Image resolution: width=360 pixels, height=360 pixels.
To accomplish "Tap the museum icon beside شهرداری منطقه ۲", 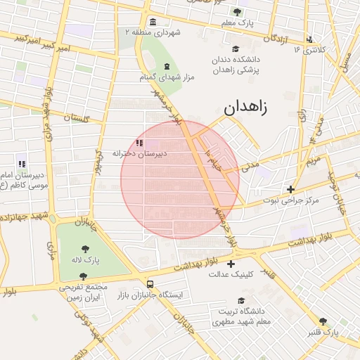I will coord(153,23).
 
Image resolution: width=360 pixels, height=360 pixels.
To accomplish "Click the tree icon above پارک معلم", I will coord(237,11).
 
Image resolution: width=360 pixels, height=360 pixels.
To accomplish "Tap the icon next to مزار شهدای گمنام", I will coord(167,65).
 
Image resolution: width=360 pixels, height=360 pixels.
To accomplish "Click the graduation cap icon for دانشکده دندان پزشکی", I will coord(236,49).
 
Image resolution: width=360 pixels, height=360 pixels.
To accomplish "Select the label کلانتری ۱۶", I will coord(310,50).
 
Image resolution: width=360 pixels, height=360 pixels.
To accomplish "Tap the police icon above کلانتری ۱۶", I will coord(310,39).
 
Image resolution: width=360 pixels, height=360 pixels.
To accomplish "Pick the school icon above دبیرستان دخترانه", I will coord(139,143).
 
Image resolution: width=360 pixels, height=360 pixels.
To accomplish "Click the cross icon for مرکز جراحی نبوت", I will coord(291,189).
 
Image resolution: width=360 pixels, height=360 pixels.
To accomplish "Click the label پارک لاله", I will coord(86,260).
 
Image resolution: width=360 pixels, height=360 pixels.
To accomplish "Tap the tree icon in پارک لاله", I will coord(86,249).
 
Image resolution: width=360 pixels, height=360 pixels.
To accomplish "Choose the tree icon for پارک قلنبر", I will coord(323,321).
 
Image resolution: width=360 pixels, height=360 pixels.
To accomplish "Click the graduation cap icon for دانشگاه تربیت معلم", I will coord(221,300).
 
